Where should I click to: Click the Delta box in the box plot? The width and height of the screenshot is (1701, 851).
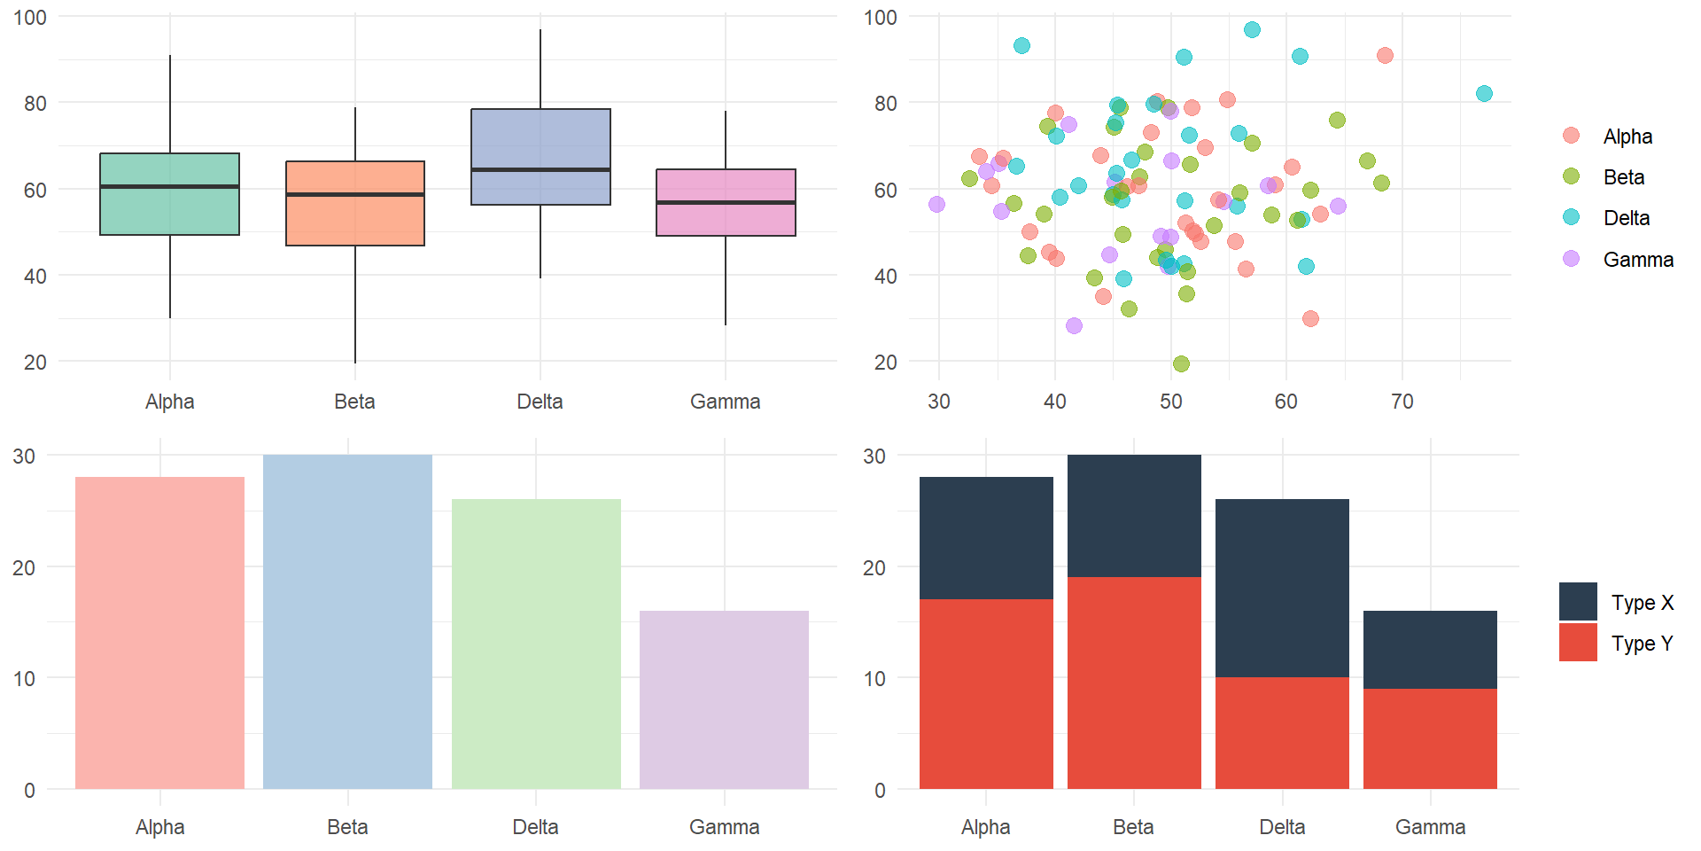click(x=540, y=157)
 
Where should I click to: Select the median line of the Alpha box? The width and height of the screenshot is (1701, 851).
click(x=170, y=186)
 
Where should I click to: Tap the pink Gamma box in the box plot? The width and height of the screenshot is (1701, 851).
click(x=726, y=202)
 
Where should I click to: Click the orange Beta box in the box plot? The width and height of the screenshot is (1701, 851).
click(x=355, y=203)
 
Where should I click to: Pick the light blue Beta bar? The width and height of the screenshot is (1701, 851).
click(x=347, y=621)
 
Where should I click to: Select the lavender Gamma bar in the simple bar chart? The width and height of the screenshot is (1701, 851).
click(x=724, y=699)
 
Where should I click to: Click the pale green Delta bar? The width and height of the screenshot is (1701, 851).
click(x=536, y=644)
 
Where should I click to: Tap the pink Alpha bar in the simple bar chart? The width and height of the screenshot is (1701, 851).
click(x=159, y=633)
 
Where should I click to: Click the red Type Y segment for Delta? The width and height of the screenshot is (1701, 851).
click(x=1282, y=733)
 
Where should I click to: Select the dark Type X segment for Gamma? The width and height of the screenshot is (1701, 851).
click(x=1430, y=650)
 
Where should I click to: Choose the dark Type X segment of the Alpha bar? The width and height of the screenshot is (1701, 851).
click(x=986, y=538)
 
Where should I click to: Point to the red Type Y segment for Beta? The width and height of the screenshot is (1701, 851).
click(x=1134, y=683)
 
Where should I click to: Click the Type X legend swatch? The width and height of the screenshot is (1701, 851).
click(x=1578, y=601)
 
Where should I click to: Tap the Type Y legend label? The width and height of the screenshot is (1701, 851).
click(x=1643, y=644)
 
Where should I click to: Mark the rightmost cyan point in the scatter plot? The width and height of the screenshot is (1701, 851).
click(x=1484, y=93)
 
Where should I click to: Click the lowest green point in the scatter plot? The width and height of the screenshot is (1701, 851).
click(x=1181, y=363)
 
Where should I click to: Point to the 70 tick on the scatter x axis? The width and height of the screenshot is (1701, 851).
click(x=1402, y=402)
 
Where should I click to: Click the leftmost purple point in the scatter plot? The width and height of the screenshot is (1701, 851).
click(x=936, y=204)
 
